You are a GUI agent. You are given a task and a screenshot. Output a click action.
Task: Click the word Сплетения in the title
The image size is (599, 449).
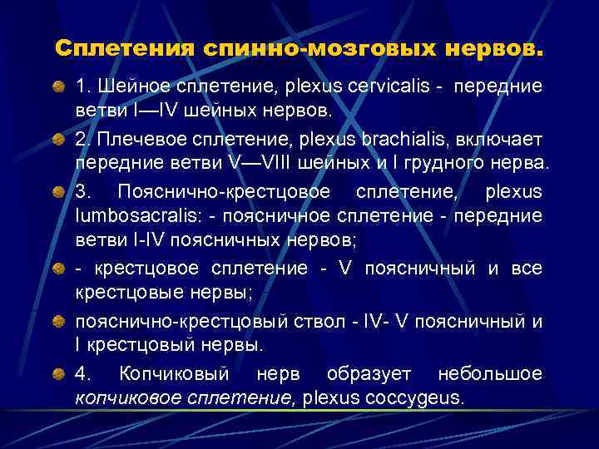click(125, 49)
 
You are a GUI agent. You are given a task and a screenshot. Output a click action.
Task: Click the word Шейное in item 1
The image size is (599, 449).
click(124, 86)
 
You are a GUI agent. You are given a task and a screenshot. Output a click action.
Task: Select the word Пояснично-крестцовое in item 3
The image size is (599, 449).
click(224, 192)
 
